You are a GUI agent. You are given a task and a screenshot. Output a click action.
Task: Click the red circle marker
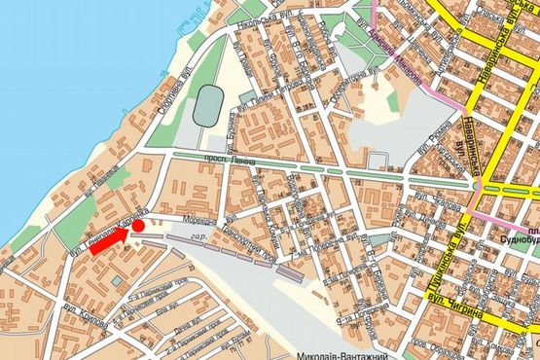[139, 226]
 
